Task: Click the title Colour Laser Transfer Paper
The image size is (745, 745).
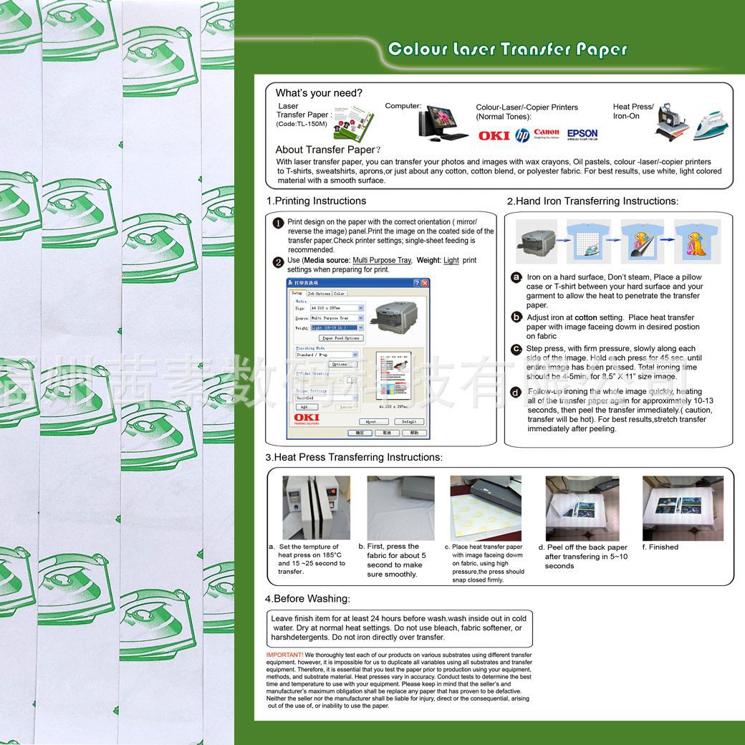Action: pyautogui.click(x=507, y=49)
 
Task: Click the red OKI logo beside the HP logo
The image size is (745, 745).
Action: pyautogui.click(x=494, y=135)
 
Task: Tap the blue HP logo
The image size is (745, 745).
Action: pyautogui.click(x=523, y=135)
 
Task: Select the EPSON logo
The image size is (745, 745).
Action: pyautogui.click(x=582, y=134)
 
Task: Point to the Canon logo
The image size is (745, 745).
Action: pyautogui.click(x=547, y=133)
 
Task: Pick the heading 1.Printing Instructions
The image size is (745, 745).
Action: pyautogui.click(x=316, y=201)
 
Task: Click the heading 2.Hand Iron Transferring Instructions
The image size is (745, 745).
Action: pyautogui.click(x=592, y=201)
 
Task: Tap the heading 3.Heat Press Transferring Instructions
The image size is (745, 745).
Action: pyautogui.click(x=354, y=457)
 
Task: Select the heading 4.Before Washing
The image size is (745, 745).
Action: pyautogui.click(x=307, y=599)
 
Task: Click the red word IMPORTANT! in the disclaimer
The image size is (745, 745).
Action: pyautogui.click(x=284, y=655)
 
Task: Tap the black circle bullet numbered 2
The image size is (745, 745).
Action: pyautogui.click(x=279, y=262)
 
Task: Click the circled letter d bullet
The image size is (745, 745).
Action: pyautogui.click(x=516, y=392)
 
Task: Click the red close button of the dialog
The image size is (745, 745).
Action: pyautogui.click(x=425, y=283)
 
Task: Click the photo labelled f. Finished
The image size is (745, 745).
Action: pyautogui.click(x=683, y=508)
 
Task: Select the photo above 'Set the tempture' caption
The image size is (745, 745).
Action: pyautogui.click(x=316, y=508)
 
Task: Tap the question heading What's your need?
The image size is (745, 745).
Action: pyautogui.click(x=319, y=93)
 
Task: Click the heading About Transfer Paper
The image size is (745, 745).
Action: pyautogui.click(x=325, y=150)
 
